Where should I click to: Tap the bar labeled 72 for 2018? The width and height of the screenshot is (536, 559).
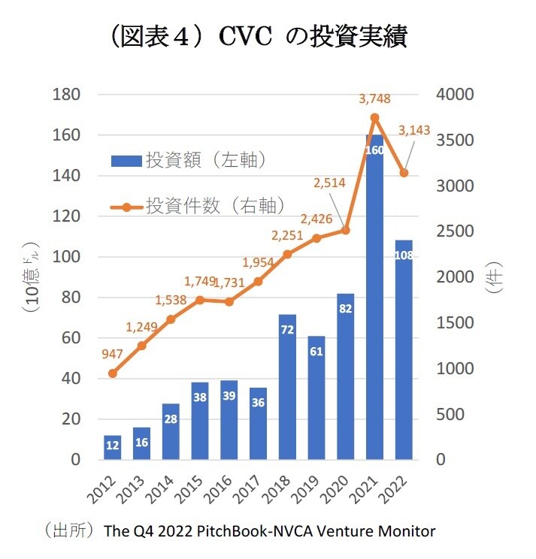[286, 387]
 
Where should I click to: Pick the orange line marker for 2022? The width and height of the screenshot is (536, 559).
[404, 173]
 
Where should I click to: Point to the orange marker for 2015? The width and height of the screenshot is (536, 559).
[200, 300]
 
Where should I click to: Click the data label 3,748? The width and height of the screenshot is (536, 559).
[374, 98]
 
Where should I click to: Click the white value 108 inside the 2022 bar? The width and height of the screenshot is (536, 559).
[404, 255]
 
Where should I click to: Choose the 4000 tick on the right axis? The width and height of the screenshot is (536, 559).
[455, 95]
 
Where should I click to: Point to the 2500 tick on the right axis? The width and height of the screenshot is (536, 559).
[455, 232]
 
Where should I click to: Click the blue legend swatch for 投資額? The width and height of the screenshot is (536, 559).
[126, 159]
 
